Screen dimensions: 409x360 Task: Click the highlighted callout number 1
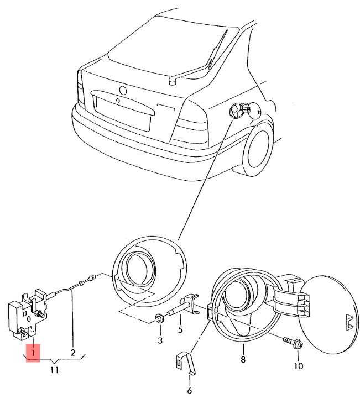click(33, 352)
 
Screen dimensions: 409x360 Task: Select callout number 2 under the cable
click(72, 352)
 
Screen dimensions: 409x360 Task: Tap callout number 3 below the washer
click(160, 340)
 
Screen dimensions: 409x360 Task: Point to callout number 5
click(180, 331)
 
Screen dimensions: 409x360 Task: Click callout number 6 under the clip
click(189, 391)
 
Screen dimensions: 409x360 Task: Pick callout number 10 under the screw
click(299, 366)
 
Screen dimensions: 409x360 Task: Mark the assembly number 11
click(54, 370)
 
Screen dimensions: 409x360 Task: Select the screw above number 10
click(293, 343)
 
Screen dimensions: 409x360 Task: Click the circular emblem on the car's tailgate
click(123, 90)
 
